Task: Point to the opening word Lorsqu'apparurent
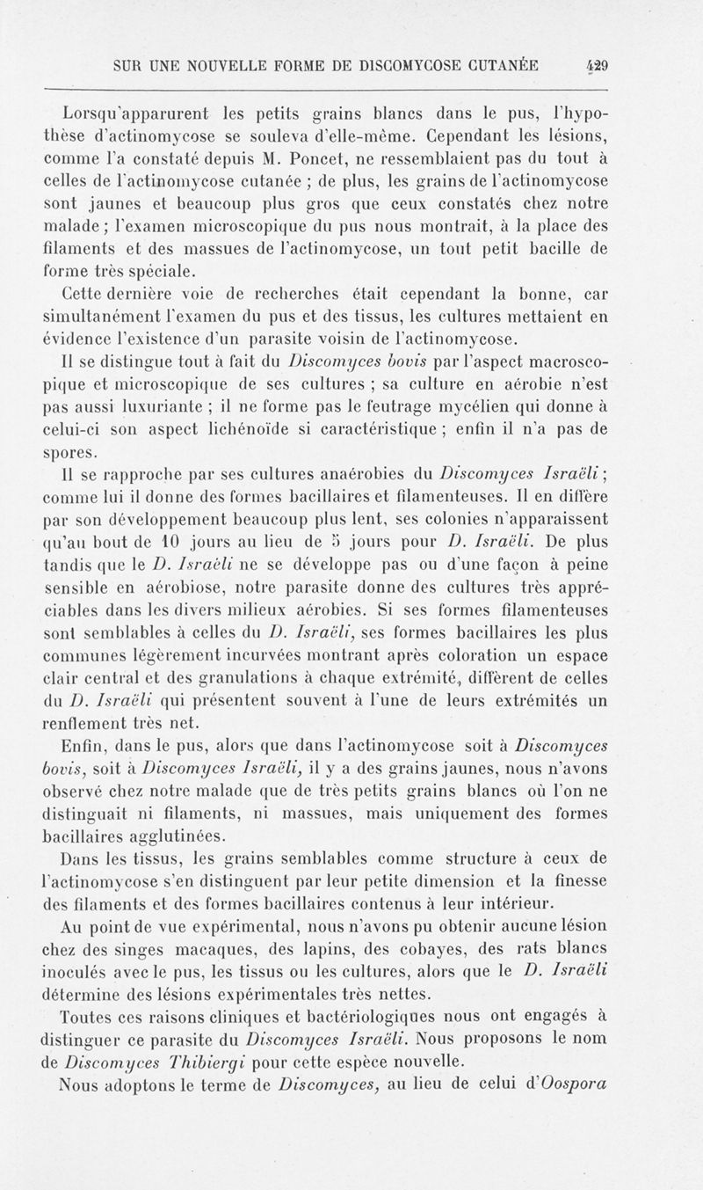pyautogui.click(x=123, y=113)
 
